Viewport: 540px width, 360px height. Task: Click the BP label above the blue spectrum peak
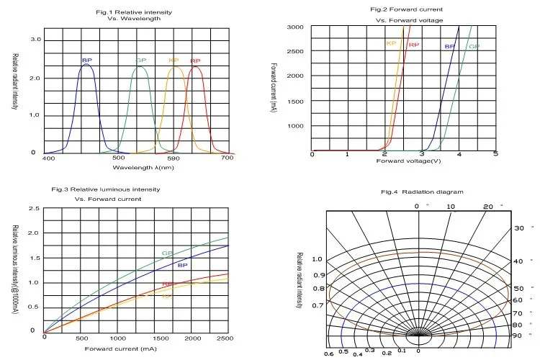87,60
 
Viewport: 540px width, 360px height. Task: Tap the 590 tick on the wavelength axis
174,158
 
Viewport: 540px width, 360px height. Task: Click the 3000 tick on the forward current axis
295,27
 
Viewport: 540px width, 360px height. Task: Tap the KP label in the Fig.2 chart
392,43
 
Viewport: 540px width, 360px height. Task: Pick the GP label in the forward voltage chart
474,47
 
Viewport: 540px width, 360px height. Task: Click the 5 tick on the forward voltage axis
496,154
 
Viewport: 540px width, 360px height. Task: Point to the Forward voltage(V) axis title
408,161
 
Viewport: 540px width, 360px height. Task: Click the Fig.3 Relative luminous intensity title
107,189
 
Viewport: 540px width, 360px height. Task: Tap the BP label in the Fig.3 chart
182,266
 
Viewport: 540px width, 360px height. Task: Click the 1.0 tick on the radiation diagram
318,259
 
